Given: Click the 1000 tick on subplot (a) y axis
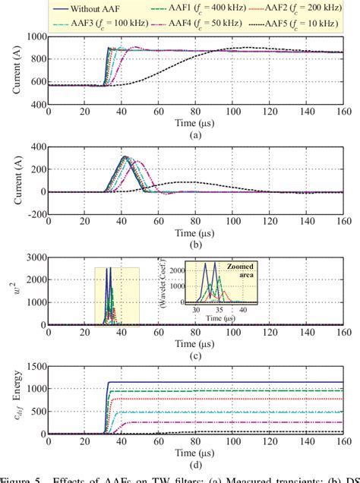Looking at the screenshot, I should [x=33, y=36].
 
